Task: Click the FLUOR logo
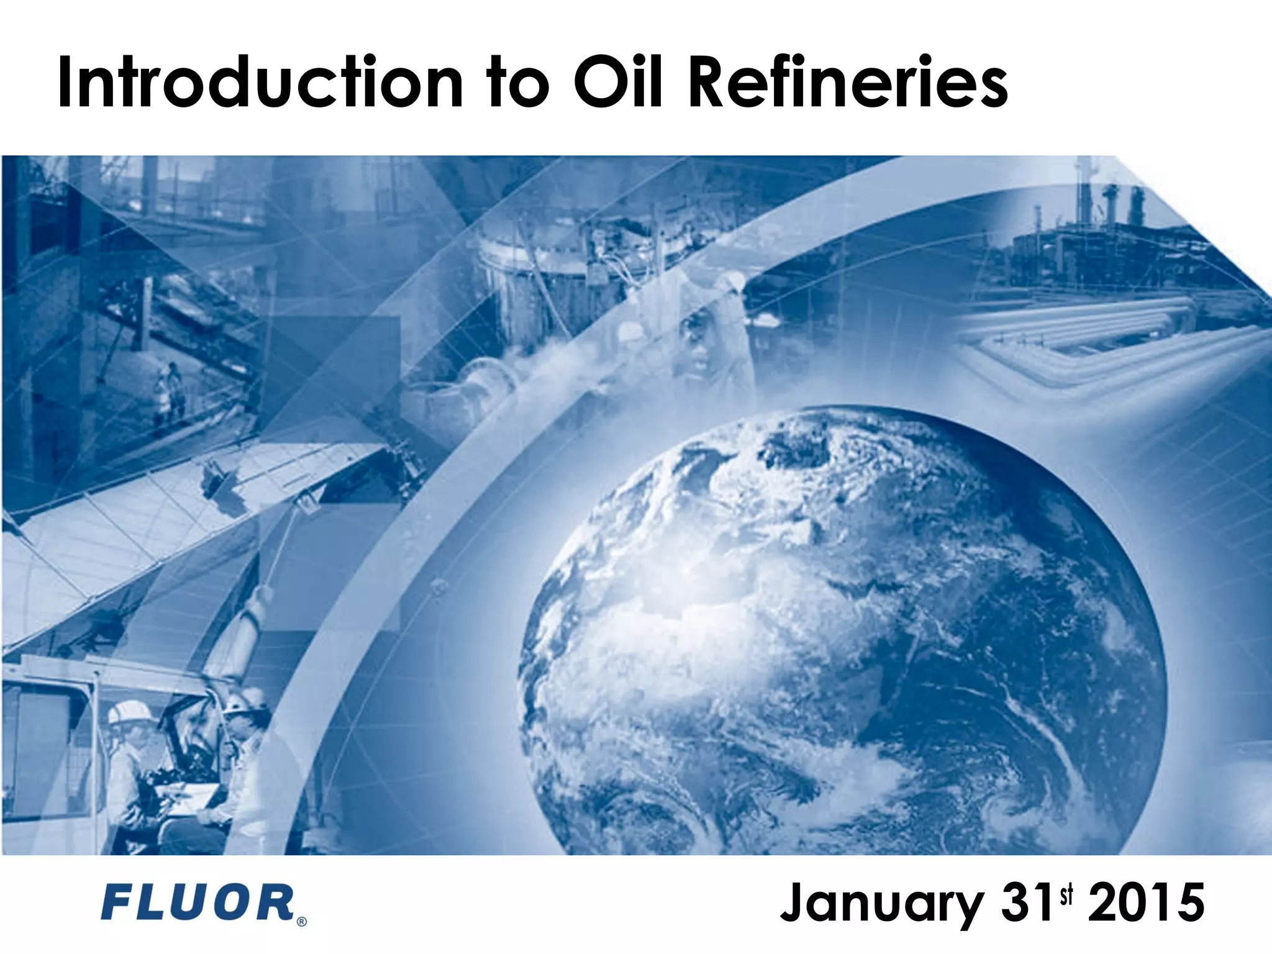click(x=198, y=904)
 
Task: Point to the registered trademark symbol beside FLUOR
click(x=302, y=922)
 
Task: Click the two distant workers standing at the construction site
click(x=167, y=388)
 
